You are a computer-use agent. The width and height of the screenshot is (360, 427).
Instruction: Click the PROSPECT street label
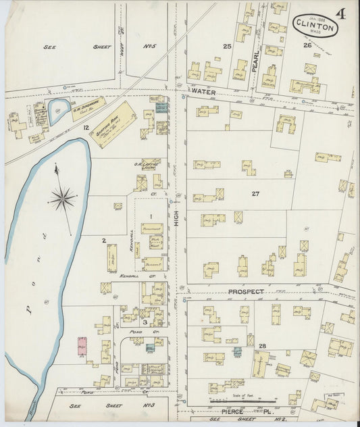tap(245, 292)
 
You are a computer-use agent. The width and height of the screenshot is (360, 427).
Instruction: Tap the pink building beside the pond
tap(82, 345)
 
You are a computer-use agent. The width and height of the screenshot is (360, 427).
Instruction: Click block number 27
tap(255, 194)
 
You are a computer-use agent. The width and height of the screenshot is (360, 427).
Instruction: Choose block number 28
tap(262, 346)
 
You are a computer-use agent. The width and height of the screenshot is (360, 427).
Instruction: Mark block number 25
tap(228, 46)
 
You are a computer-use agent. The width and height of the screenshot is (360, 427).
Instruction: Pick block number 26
tap(307, 45)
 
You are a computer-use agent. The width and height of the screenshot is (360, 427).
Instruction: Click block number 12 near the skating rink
tap(86, 127)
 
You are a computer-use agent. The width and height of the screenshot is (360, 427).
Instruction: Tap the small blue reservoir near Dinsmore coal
tap(58, 109)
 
